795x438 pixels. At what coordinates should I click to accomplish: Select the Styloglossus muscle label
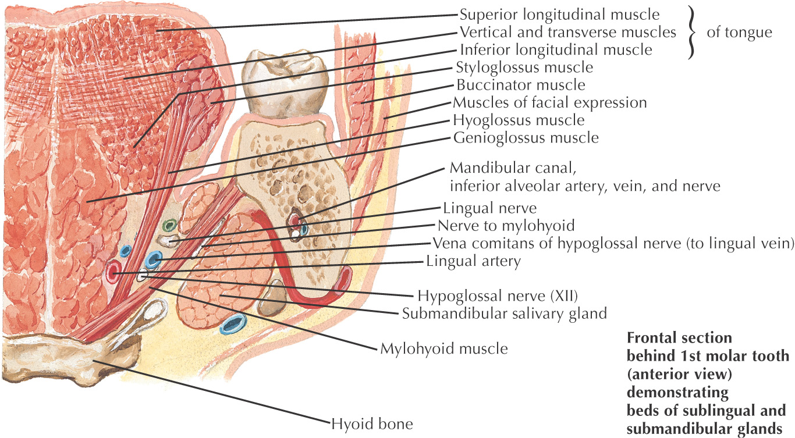[x=525, y=67]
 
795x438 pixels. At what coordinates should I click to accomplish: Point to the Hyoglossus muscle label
[x=519, y=120]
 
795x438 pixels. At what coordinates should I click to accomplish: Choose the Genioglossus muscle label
[x=525, y=138]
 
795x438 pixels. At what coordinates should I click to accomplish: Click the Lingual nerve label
[x=489, y=208]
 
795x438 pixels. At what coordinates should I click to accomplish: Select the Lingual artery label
[x=473, y=261]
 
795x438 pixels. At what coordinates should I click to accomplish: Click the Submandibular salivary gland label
[x=505, y=314]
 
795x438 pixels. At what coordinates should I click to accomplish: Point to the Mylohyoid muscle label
[x=444, y=349]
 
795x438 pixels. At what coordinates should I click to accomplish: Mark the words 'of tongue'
[x=739, y=32]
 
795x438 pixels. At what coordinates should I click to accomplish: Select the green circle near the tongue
[x=169, y=225]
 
